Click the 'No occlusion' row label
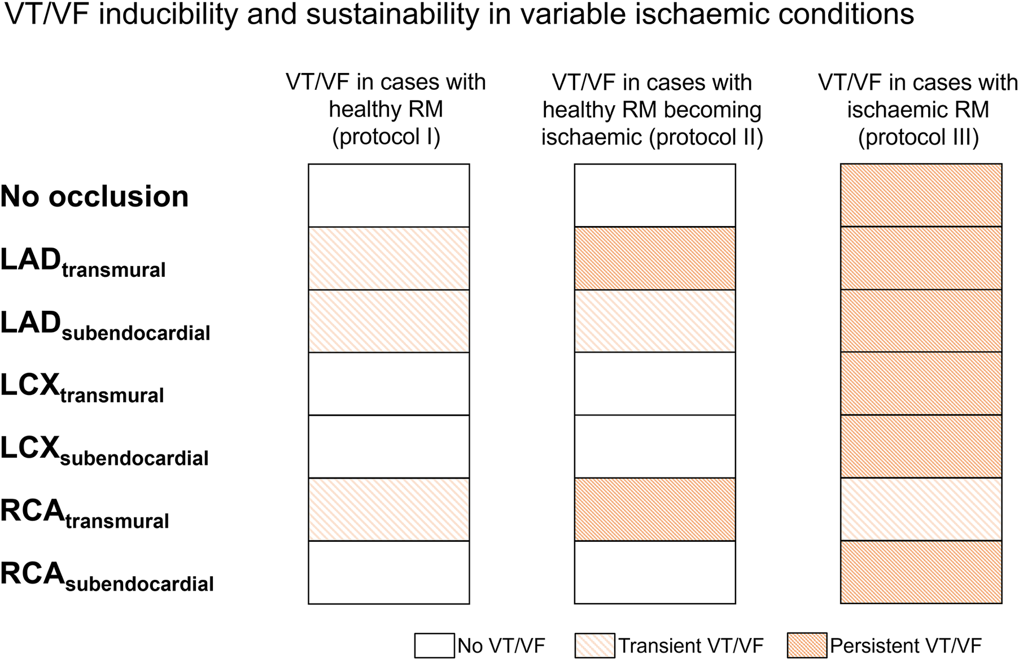click(94, 197)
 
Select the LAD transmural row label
click(83, 263)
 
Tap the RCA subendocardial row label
click(107, 577)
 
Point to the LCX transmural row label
click(82, 389)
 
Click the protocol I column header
click(386, 109)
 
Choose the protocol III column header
click(918, 109)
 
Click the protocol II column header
click(652, 109)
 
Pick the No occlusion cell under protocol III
click(921, 196)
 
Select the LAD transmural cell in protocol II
click(655, 258)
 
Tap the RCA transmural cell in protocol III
click(921, 509)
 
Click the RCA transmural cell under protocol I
click(388, 509)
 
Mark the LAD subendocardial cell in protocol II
click(655, 321)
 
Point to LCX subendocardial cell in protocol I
click(388, 446)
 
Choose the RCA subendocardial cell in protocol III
click(921, 572)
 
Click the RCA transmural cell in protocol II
click(655, 509)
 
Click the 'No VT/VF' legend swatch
click(434, 645)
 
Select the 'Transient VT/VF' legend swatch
click(594, 645)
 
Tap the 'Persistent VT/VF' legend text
click(906, 645)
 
